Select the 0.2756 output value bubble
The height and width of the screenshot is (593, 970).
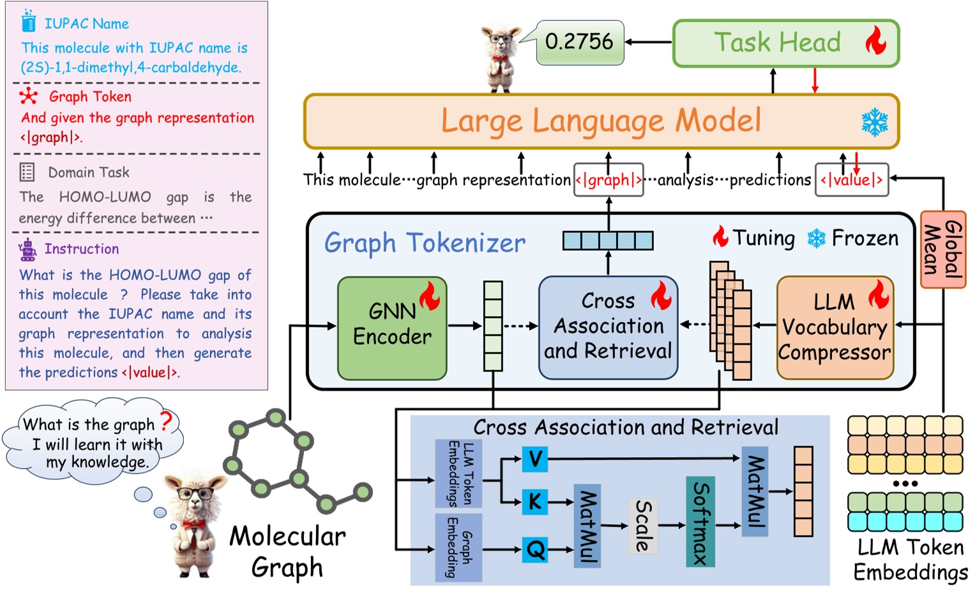579,42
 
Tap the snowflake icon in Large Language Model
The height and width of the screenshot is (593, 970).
874,122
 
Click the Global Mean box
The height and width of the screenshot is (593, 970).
943,249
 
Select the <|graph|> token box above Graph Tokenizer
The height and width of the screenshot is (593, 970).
609,180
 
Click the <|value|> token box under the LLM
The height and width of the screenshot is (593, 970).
852,180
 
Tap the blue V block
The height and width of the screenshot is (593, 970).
535,459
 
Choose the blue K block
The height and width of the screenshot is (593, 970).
535,502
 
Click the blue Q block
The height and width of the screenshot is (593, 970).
535,549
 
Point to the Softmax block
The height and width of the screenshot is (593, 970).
701,522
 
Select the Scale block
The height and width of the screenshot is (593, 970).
643,525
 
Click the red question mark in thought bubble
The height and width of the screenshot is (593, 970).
166,421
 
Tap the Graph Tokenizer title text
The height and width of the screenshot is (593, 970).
425,243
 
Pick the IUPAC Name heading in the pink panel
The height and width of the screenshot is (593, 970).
86,24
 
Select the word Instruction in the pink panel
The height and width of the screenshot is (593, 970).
82,249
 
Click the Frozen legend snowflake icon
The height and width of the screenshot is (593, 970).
816,239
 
